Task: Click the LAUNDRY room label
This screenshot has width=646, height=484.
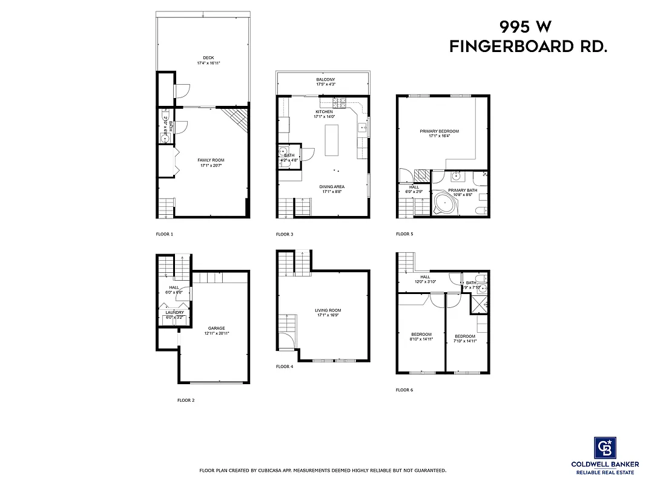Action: click(174, 312)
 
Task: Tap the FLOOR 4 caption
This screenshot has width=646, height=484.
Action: click(284, 367)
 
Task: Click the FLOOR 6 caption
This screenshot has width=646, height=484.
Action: click(404, 390)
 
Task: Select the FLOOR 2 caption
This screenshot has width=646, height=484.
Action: click(186, 401)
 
